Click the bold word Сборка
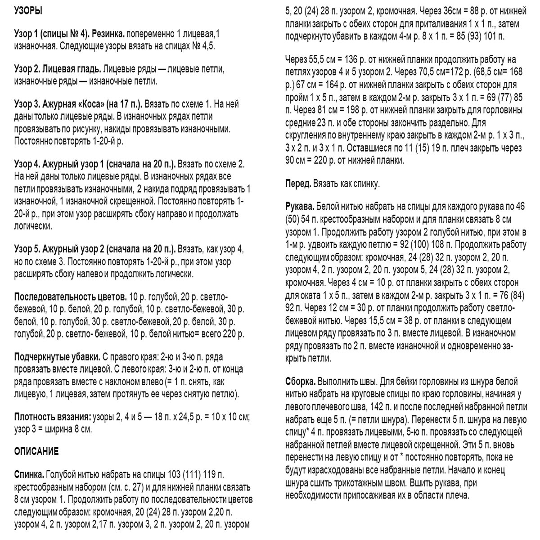pyautogui.click(x=300, y=382)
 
